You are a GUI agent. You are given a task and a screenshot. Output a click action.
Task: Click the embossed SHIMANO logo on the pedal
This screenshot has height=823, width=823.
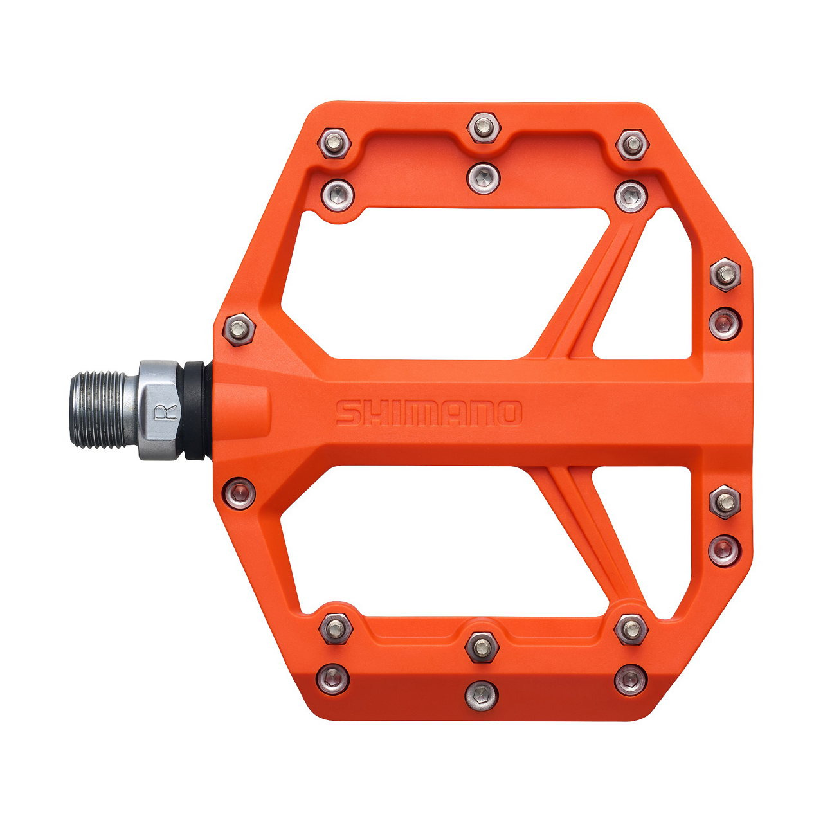pyautogui.click(x=428, y=413)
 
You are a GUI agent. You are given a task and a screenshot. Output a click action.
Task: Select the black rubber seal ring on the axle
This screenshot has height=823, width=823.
pyautogui.click(x=195, y=410)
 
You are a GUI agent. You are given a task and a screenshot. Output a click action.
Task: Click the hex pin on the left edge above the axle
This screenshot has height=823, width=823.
pyautogui.click(x=239, y=329)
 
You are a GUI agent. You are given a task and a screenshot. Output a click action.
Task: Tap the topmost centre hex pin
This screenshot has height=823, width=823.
pyautogui.click(x=484, y=127)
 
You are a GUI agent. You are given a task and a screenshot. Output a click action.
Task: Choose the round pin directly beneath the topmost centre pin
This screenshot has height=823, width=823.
pyautogui.click(x=484, y=177)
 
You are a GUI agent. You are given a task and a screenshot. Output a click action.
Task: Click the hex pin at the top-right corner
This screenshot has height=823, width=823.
pyautogui.click(x=632, y=145)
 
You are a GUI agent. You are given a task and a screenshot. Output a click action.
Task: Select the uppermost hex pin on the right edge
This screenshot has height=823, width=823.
pyautogui.click(x=726, y=275)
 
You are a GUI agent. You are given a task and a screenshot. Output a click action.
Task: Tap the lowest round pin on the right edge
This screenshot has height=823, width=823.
pyautogui.click(x=725, y=550)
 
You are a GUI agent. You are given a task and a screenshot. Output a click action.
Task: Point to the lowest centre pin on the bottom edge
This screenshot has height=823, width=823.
pyautogui.click(x=482, y=694)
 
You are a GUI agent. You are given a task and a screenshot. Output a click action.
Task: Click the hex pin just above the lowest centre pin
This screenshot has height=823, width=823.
pyautogui.click(x=482, y=646)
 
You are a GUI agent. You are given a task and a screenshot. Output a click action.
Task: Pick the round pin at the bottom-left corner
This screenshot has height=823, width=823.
pyautogui.click(x=334, y=678)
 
